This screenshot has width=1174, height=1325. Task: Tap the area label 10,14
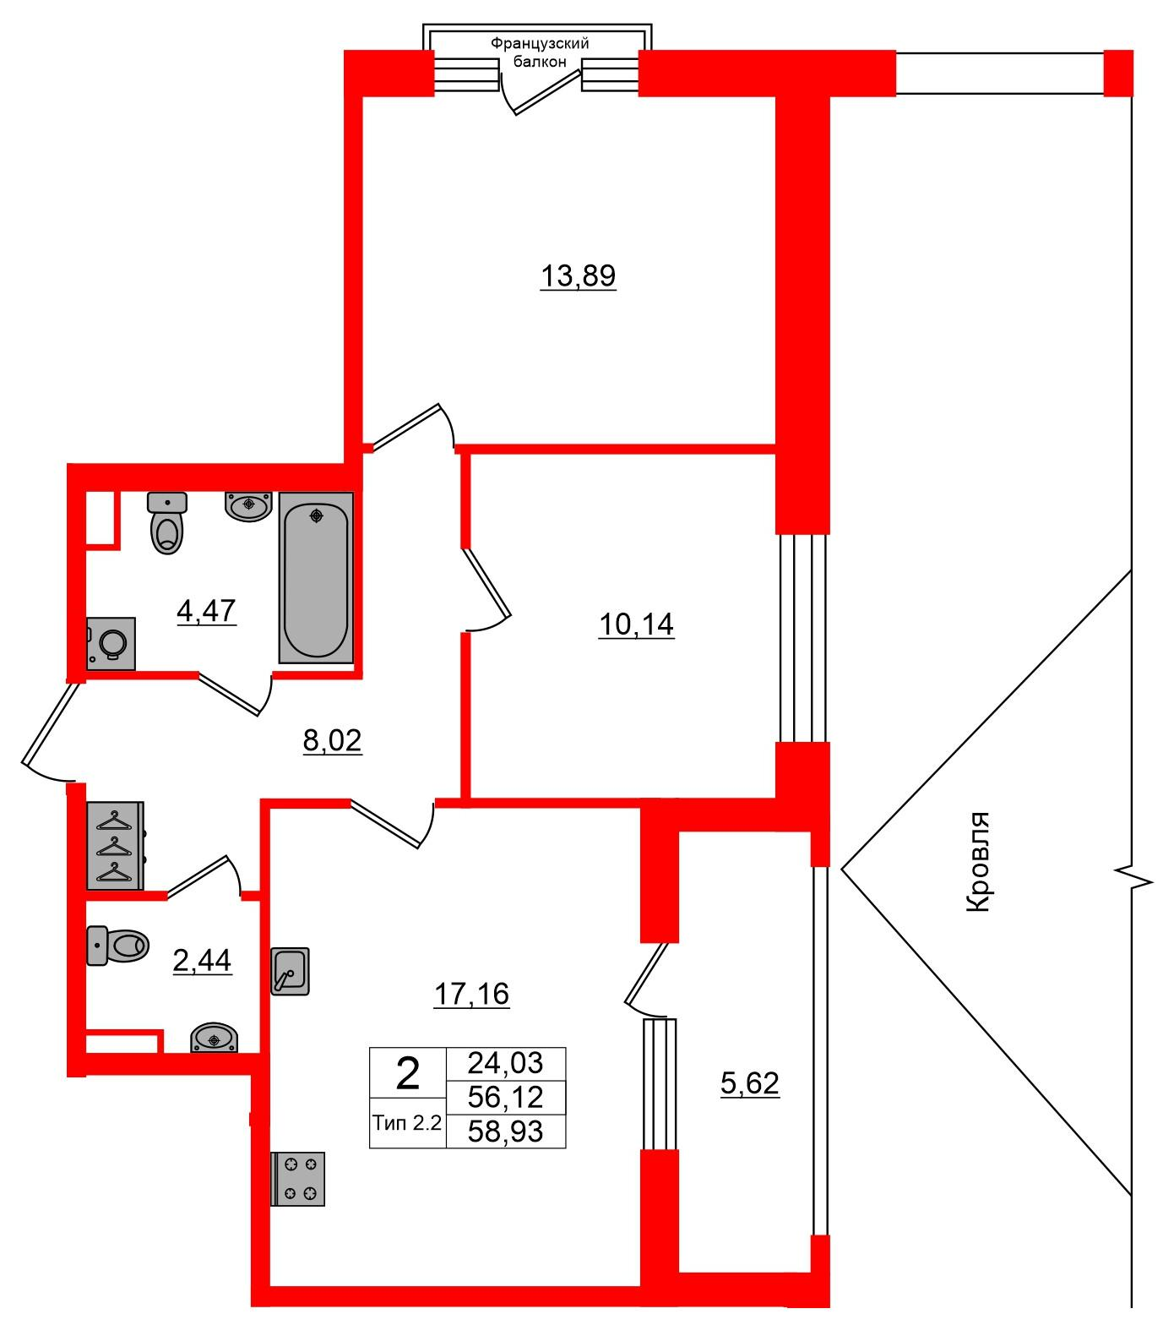pos(636,624)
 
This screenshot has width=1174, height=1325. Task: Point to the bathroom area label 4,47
pos(206,609)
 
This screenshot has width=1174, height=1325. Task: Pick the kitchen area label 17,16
pos(471,994)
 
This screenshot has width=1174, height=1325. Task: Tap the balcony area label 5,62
pos(750,1082)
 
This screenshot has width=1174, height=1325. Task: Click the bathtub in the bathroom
pos(316,577)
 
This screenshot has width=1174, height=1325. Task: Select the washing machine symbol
pos(111,643)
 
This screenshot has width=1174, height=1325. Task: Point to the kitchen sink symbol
pos(291,971)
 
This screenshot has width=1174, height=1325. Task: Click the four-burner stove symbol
pos(298,1179)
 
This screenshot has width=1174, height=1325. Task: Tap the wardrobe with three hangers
pos(116,845)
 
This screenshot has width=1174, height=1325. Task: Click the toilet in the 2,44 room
pos(117,945)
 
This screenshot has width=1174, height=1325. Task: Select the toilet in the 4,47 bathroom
pos(167,522)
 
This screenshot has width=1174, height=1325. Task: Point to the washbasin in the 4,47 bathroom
pos(247,505)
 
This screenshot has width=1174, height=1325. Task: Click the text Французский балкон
pos(540,52)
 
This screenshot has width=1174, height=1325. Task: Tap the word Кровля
pos(976,862)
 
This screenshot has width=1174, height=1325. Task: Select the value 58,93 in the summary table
pos(505,1131)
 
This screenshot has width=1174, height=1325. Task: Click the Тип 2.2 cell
pos(407,1123)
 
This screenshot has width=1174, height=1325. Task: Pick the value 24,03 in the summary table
pos(505,1062)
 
